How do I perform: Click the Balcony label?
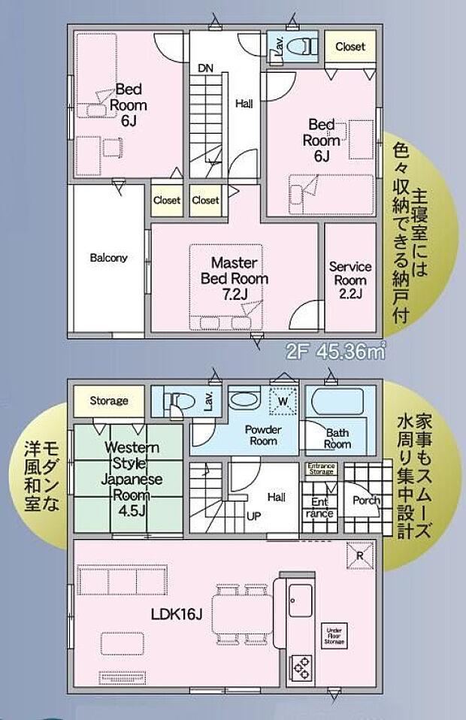click(x=108, y=258)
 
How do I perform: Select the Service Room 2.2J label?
click(x=350, y=280)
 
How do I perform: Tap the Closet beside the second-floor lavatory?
click(x=349, y=47)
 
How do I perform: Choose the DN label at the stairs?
click(x=205, y=68)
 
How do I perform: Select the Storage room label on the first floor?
click(x=109, y=401)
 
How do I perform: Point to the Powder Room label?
click(x=263, y=436)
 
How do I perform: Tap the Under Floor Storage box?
click(x=335, y=637)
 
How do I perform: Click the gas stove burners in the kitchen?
click(x=301, y=667)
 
